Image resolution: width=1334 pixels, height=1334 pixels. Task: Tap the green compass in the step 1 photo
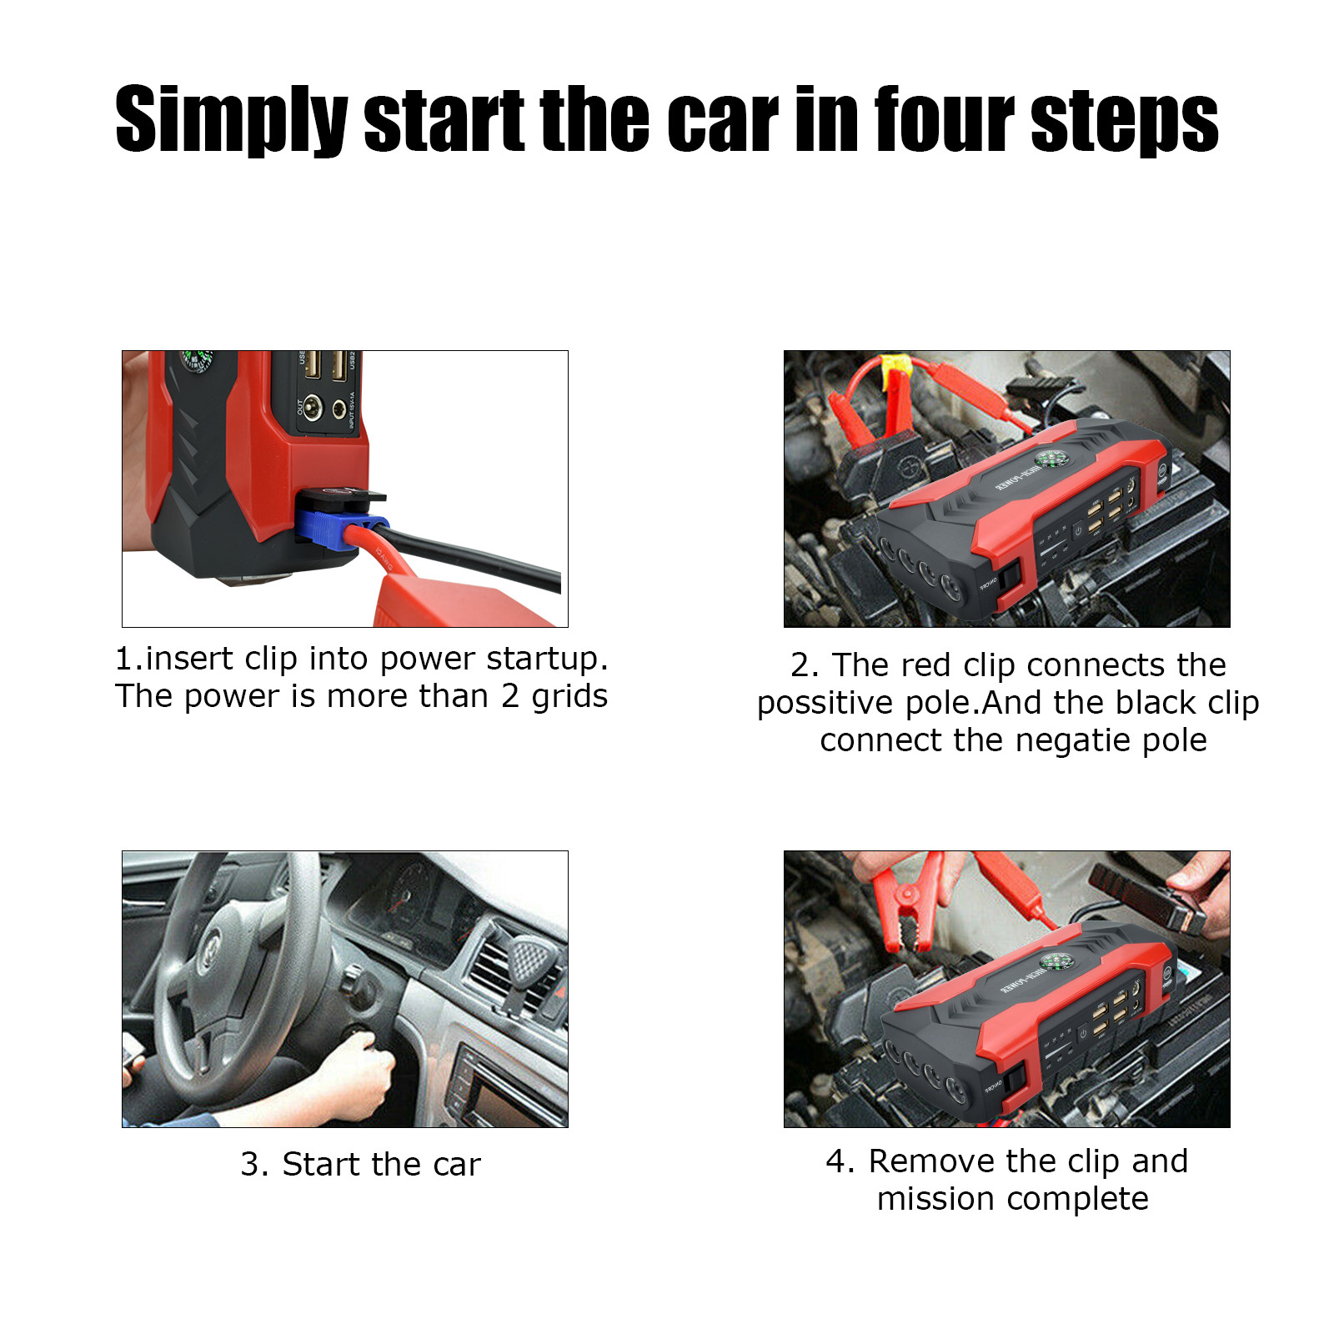click(198, 359)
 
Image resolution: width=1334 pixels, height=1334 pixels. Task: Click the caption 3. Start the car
click(360, 1165)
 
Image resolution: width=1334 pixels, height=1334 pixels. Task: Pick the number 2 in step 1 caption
click(510, 696)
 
